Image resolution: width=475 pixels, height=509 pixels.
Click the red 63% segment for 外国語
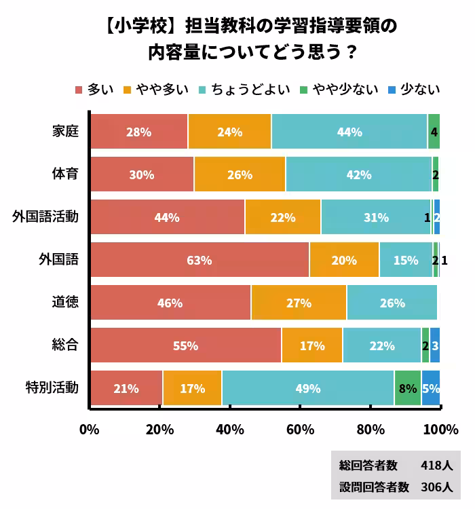[x=199, y=260]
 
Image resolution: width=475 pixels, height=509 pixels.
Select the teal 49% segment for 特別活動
[x=308, y=389]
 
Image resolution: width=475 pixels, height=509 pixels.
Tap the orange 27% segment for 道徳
[x=299, y=303]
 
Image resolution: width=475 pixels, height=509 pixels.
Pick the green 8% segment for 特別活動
[x=408, y=389]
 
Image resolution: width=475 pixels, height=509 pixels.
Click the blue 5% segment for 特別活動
[x=431, y=389]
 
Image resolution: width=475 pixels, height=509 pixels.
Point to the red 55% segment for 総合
[x=185, y=345]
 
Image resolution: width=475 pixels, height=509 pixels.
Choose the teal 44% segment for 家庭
[x=349, y=132]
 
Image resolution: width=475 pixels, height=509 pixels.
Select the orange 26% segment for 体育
[x=240, y=174]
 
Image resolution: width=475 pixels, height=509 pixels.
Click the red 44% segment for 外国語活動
[x=167, y=217]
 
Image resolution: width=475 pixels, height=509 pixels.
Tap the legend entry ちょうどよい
[x=250, y=90]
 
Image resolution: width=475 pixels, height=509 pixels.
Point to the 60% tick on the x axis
[x=300, y=430]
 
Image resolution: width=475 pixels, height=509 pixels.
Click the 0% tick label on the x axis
[x=90, y=430]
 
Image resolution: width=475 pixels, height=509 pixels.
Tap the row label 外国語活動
[x=45, y=217]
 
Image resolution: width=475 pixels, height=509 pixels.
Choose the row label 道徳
[x=65, y=303]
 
